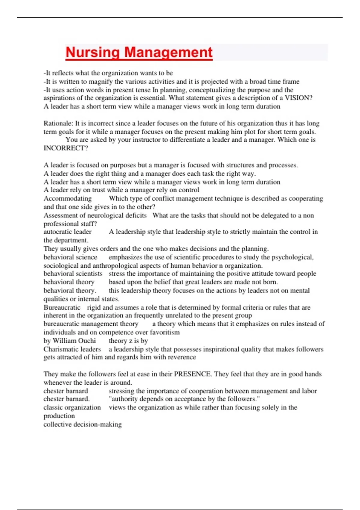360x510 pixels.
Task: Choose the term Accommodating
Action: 67,199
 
